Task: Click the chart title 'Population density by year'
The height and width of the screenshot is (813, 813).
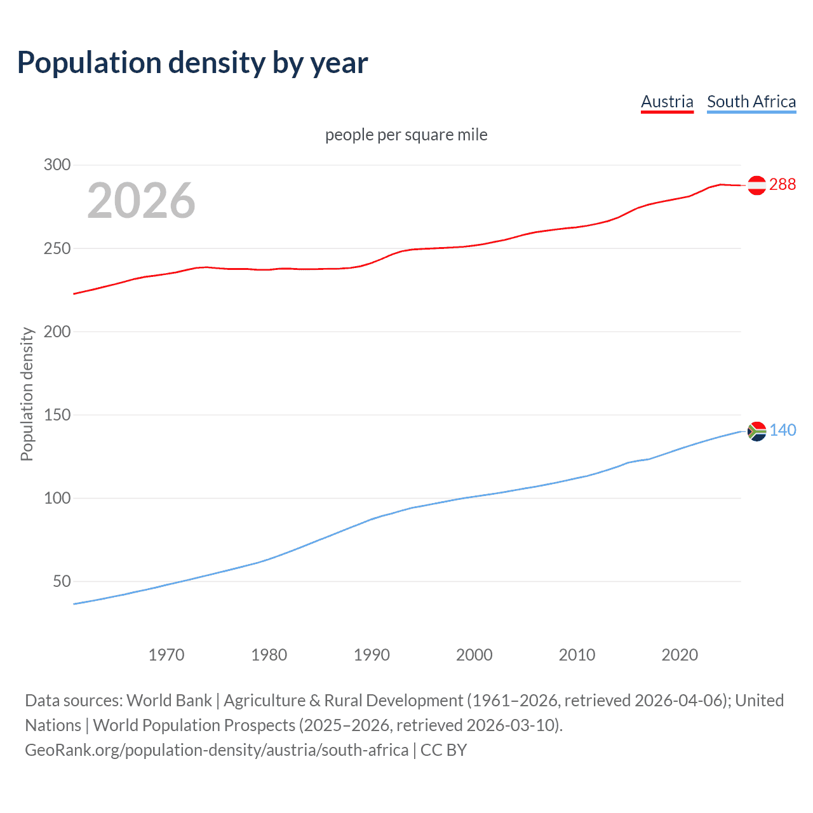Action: [192, 63]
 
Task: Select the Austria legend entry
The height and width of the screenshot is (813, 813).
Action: [667, 102]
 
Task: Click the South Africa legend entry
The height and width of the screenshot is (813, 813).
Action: [751, 102]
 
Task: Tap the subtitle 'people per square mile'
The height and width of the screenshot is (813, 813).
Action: [406, 135]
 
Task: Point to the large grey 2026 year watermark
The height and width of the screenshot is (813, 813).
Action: [141, 201]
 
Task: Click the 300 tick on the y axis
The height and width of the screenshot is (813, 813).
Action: [57, 165]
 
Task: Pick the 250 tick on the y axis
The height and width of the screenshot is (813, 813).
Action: [57, 248]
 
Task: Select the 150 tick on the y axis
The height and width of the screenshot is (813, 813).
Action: [57, 415]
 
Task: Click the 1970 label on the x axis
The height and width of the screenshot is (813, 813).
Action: [166, 655]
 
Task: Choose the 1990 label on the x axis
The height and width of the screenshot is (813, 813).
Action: [372, 655]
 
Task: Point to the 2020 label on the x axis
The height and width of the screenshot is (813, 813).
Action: [680, 655]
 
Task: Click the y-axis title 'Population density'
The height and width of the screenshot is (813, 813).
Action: [27, 394]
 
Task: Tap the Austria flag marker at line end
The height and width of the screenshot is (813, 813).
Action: [756, 185]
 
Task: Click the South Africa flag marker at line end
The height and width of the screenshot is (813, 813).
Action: [756, 431]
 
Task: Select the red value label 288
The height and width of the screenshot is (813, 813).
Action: [782, 184]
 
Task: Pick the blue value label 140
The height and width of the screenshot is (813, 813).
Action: [783, 430]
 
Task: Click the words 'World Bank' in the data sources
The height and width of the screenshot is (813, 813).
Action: [169, 701]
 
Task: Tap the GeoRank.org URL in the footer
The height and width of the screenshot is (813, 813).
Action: [217, 750]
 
